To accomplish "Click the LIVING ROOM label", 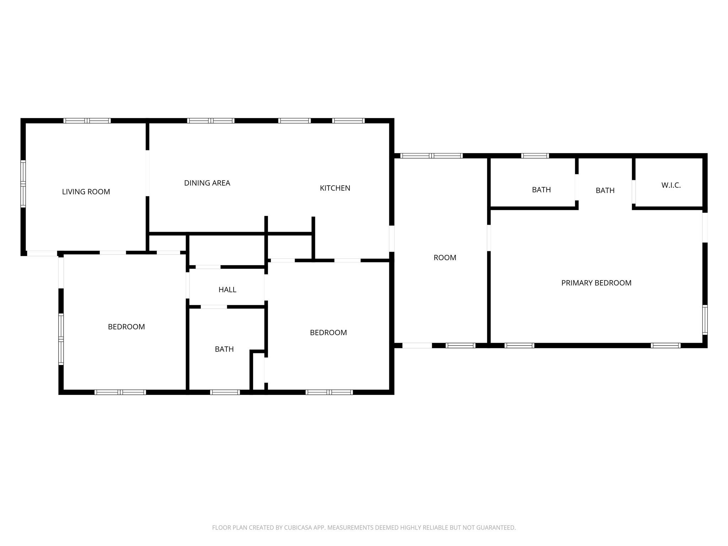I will coord(86,192).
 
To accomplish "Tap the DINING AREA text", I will coord(207,183).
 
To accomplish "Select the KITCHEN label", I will coord(335,188).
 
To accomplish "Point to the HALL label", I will coord(227,290).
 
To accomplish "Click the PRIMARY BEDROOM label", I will coord(596,283).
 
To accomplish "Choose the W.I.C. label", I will coord(671,185).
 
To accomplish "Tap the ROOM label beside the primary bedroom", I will coord(445,258).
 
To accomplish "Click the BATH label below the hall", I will coord(224,349).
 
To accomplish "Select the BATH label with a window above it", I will coord(541,190).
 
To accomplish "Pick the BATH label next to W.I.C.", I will coord(605,191).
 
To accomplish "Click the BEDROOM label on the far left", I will coord(126,327).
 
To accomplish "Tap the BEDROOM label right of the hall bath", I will coord(328,333).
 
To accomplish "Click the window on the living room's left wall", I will coord(23,184).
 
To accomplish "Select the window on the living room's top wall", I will coord(87,121).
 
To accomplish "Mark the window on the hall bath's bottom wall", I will coord(225,392).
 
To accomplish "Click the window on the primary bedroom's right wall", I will coord(705,320).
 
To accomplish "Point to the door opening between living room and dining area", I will coord(147,173).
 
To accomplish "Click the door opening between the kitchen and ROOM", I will coord(392,239).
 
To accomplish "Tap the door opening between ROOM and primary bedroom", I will coord(489,237).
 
